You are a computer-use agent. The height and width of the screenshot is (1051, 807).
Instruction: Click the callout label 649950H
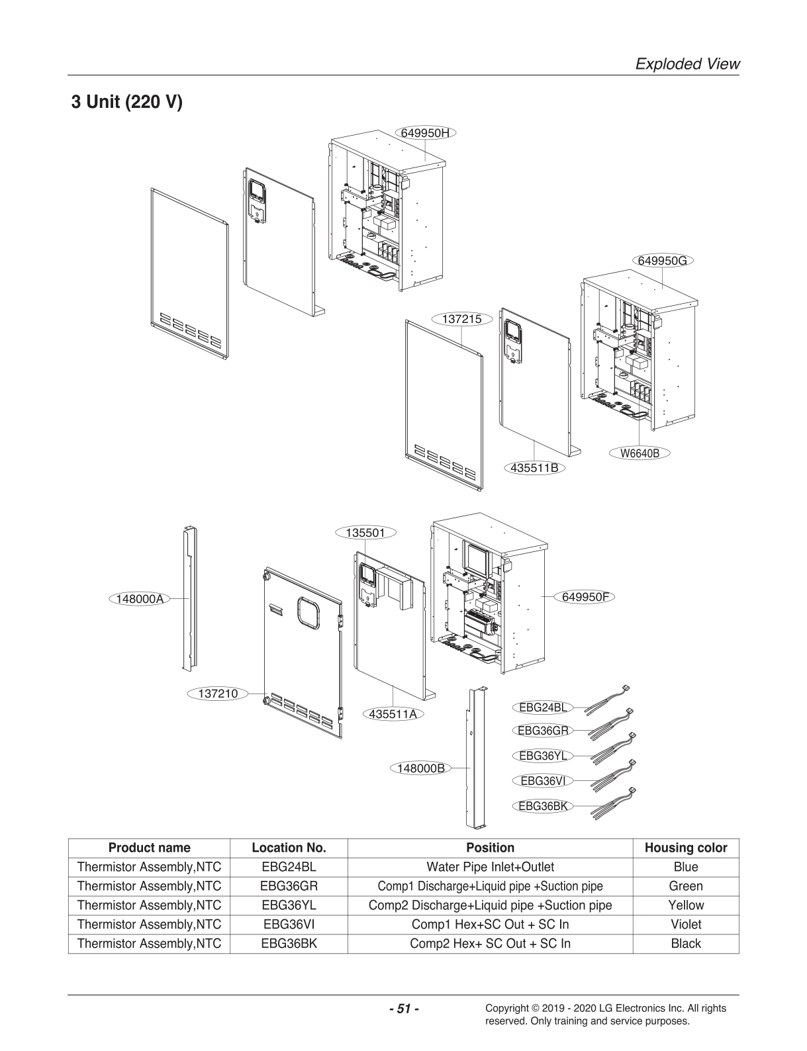(x=426, y=132)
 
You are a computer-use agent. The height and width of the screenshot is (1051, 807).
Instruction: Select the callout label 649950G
(x=662, y=260)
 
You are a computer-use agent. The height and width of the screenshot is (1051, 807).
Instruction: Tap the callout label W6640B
(x=639, y=453)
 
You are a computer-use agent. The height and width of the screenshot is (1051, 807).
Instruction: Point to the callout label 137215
(x=461, y=318)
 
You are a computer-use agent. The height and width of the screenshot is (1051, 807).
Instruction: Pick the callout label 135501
(x=365, y=532)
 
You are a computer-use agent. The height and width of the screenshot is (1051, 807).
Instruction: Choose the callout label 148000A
(x=138, y=598)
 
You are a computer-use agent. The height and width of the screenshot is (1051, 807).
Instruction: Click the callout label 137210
(x=218, y=694)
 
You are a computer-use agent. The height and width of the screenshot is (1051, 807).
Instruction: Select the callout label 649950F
(x=585, y=596)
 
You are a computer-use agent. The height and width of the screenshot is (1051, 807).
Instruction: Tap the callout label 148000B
(x=420, y=768)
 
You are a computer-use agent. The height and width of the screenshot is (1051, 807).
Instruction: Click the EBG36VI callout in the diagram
(x=542, y=780)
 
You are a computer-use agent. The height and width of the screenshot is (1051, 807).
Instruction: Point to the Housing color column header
(x=685, y=848)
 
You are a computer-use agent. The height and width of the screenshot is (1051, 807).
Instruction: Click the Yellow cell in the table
(x=685, y=905)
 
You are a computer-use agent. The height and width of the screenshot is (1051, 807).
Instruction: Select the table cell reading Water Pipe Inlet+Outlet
(x=490, y=867)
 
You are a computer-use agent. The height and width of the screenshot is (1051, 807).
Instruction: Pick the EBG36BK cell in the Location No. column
(x=289, y=943)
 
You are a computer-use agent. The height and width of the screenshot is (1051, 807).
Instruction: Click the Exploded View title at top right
(x=687, y=64)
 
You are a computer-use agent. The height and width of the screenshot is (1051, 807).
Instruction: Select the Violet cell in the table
(x=685, y=924)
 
